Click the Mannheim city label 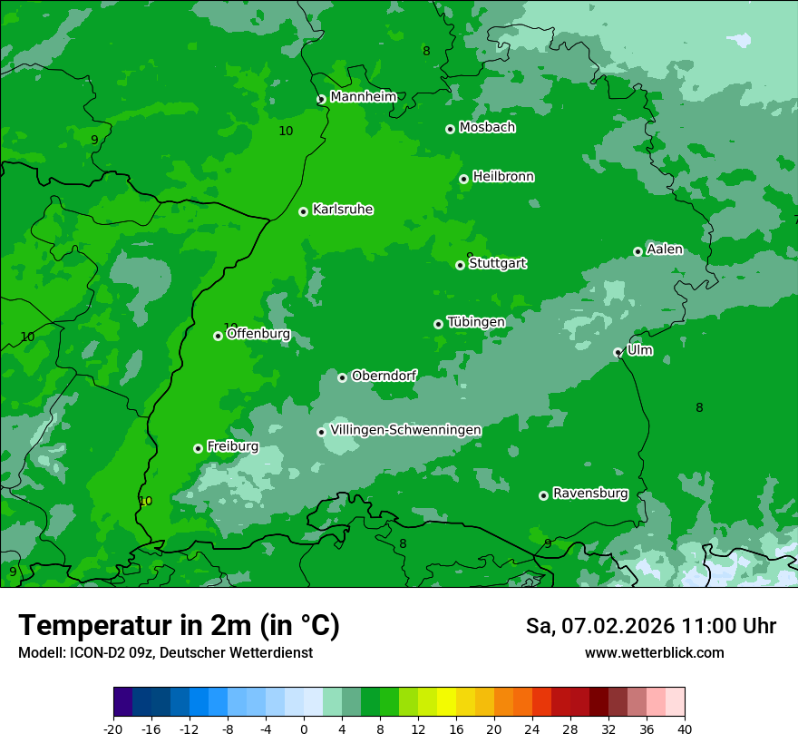pyautogui.click(x=363, y=97)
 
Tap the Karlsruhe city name pyautogui.click(x=343, y=210)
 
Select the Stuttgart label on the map pyautogui.click(x=497, y=264)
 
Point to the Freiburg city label pyautogui.click(x=232, y=446)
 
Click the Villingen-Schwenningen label pyautogui.click(x=405, y=430)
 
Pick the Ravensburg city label pyautogui.click(x=590, y=494)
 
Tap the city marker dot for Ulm pyautogui.click(x=618, y=353)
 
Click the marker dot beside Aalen pyautogui.click(x=637, y=251)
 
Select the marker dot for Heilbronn pyautogui.click(x=463, y=179)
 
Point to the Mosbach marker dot pyautogui.click(x=450, y=129)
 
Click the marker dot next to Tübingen pyautogui.click(x=438, y=324)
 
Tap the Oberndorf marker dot pyautogui.click(x=342, y=377)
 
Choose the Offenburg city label pyautogui.click(x=258, y=334)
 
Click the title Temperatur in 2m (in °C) pyautogui.click(x=179, y=626)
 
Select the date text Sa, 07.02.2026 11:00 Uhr pyautogui.click(x=650, y=626)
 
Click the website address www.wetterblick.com pyautogui.click(x=654, y=653)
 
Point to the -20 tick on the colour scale pyautogui.click(x=113, y=729)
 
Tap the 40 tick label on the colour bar pyautogui.click(x=684, y=729)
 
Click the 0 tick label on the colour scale pyautogui.click(x=304, y=729)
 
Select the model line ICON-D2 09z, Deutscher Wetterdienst pyautogui.click(x=165, y=653)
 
